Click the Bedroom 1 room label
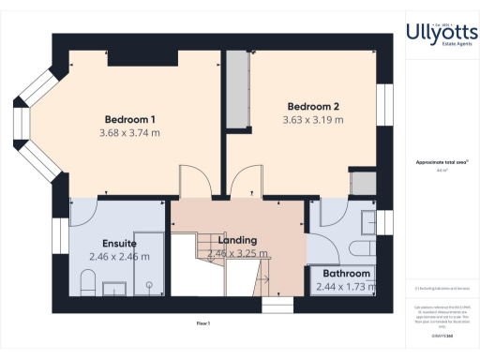click(x=129, y=119)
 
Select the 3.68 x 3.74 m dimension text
click(x=129, y=133)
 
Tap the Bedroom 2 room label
click(x=312, y=106)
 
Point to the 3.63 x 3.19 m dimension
click(x=312, y=120)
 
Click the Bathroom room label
click(x=346, y=273)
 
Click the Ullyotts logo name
click(x=441, y=33)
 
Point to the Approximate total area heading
click(x=441, y=162)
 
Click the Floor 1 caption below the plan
click(x=203, y=323)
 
